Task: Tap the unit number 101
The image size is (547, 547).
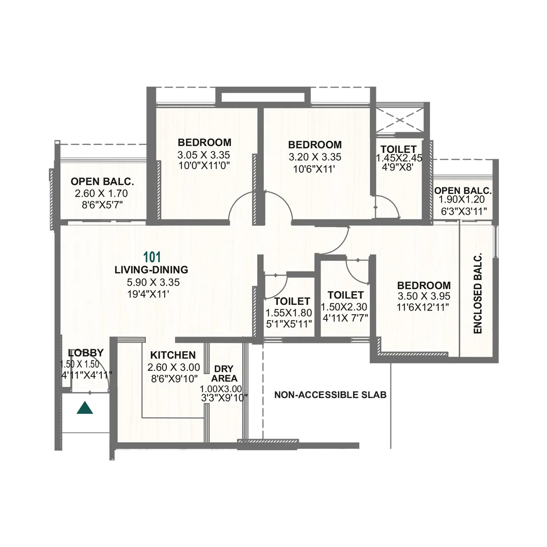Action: click(x=152, y=257)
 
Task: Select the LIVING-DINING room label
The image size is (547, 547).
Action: click(x=151, y=270)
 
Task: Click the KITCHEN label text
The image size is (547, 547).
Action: click(x=173, y=355)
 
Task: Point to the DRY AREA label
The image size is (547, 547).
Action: click(x=224, y=373)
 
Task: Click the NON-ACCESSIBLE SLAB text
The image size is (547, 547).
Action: click(x=330, y=395)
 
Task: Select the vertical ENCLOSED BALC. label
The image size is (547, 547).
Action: click(x=478, y=294)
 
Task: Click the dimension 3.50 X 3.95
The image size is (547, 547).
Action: click(x=423, y=296)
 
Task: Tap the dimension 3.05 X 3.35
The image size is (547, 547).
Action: click(x=204, y=154)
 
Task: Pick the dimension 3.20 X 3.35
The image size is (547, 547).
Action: click(x=315, y=157)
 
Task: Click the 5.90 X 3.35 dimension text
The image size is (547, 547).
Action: click(x=153, y=283)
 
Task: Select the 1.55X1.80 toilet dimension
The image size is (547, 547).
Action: click(x=289, y=314)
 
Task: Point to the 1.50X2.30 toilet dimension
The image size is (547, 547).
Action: click(x=344, y=307)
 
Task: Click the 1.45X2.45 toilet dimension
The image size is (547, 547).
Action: click(x=399, y=158)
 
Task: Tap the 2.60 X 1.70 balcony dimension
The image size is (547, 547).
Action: click(x=101, y=193)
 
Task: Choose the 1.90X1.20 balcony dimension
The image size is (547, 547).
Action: click(x=462, y=200)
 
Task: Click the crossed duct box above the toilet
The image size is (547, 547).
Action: click(x=399, y=120)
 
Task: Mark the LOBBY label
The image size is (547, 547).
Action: click(x=86, y=353)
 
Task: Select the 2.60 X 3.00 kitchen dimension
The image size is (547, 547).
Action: click(x=173, y=367)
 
